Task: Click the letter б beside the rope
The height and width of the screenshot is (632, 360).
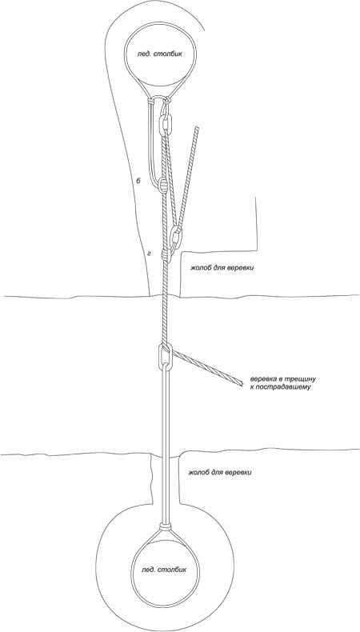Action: [138, 182]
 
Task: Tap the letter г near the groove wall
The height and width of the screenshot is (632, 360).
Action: [149, 254]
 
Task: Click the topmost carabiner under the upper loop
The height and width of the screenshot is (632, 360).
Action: [166, 126]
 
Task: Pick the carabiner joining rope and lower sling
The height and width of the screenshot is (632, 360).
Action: [166, 357]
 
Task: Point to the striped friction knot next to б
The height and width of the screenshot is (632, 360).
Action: [162, 185]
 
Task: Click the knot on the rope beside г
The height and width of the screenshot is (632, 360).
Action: [165, 254]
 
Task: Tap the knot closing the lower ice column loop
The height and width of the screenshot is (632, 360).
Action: [165, 526]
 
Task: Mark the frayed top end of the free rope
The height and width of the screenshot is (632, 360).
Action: [197, 129]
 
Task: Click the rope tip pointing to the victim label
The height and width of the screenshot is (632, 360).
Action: [240, 383]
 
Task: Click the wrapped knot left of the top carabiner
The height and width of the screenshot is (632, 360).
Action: [150, 101]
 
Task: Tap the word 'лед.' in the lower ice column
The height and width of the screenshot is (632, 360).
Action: [150, 570]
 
